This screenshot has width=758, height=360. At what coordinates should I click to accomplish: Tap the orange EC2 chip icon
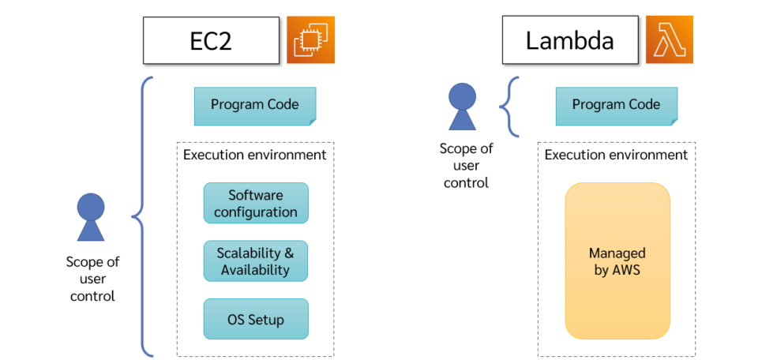point(310,40)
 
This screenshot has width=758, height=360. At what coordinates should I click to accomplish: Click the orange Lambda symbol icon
point(669,40)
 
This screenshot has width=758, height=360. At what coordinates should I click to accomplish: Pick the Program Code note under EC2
point(255,106)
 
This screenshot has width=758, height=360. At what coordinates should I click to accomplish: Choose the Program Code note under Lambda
point(616,106)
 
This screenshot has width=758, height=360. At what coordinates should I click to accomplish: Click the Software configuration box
point(256,204)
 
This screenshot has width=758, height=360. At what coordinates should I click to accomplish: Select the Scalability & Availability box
point(256,261)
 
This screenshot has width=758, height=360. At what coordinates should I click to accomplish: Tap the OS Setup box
point(256,320)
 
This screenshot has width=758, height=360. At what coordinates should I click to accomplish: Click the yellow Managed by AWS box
point(617,261)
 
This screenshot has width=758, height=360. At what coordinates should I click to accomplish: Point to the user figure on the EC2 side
point(90,217)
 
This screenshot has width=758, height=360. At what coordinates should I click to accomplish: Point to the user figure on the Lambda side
point(463,107)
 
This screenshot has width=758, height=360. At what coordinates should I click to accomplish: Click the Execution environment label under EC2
point(254,155)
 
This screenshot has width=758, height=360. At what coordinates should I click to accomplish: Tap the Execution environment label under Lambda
point(616,155)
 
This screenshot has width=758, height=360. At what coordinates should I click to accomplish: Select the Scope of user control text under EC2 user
point(92,279)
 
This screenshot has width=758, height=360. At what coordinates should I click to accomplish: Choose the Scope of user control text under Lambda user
point(466,166)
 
